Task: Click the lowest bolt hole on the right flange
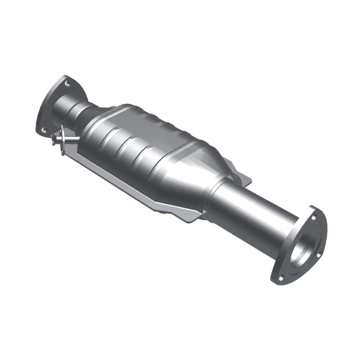pos(281,278)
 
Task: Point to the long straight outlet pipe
pos(252,211)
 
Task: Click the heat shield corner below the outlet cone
pos(189,216)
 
